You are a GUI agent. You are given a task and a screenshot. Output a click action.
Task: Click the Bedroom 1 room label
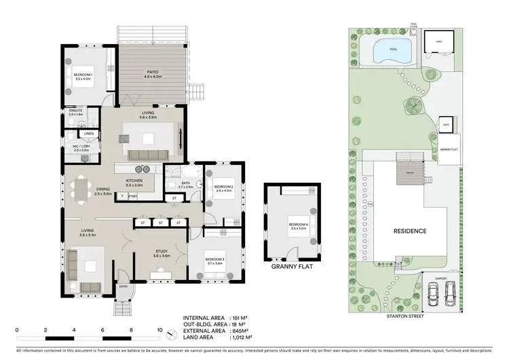(83, 75)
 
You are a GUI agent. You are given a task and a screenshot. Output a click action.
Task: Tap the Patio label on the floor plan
(151, 73)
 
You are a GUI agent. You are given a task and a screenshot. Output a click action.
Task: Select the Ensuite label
(76, 112)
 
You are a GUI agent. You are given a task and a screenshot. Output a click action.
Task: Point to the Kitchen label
(133, 182)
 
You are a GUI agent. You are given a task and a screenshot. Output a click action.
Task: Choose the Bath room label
(187, 184)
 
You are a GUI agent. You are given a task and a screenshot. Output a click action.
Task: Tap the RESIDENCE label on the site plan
(410, 231)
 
